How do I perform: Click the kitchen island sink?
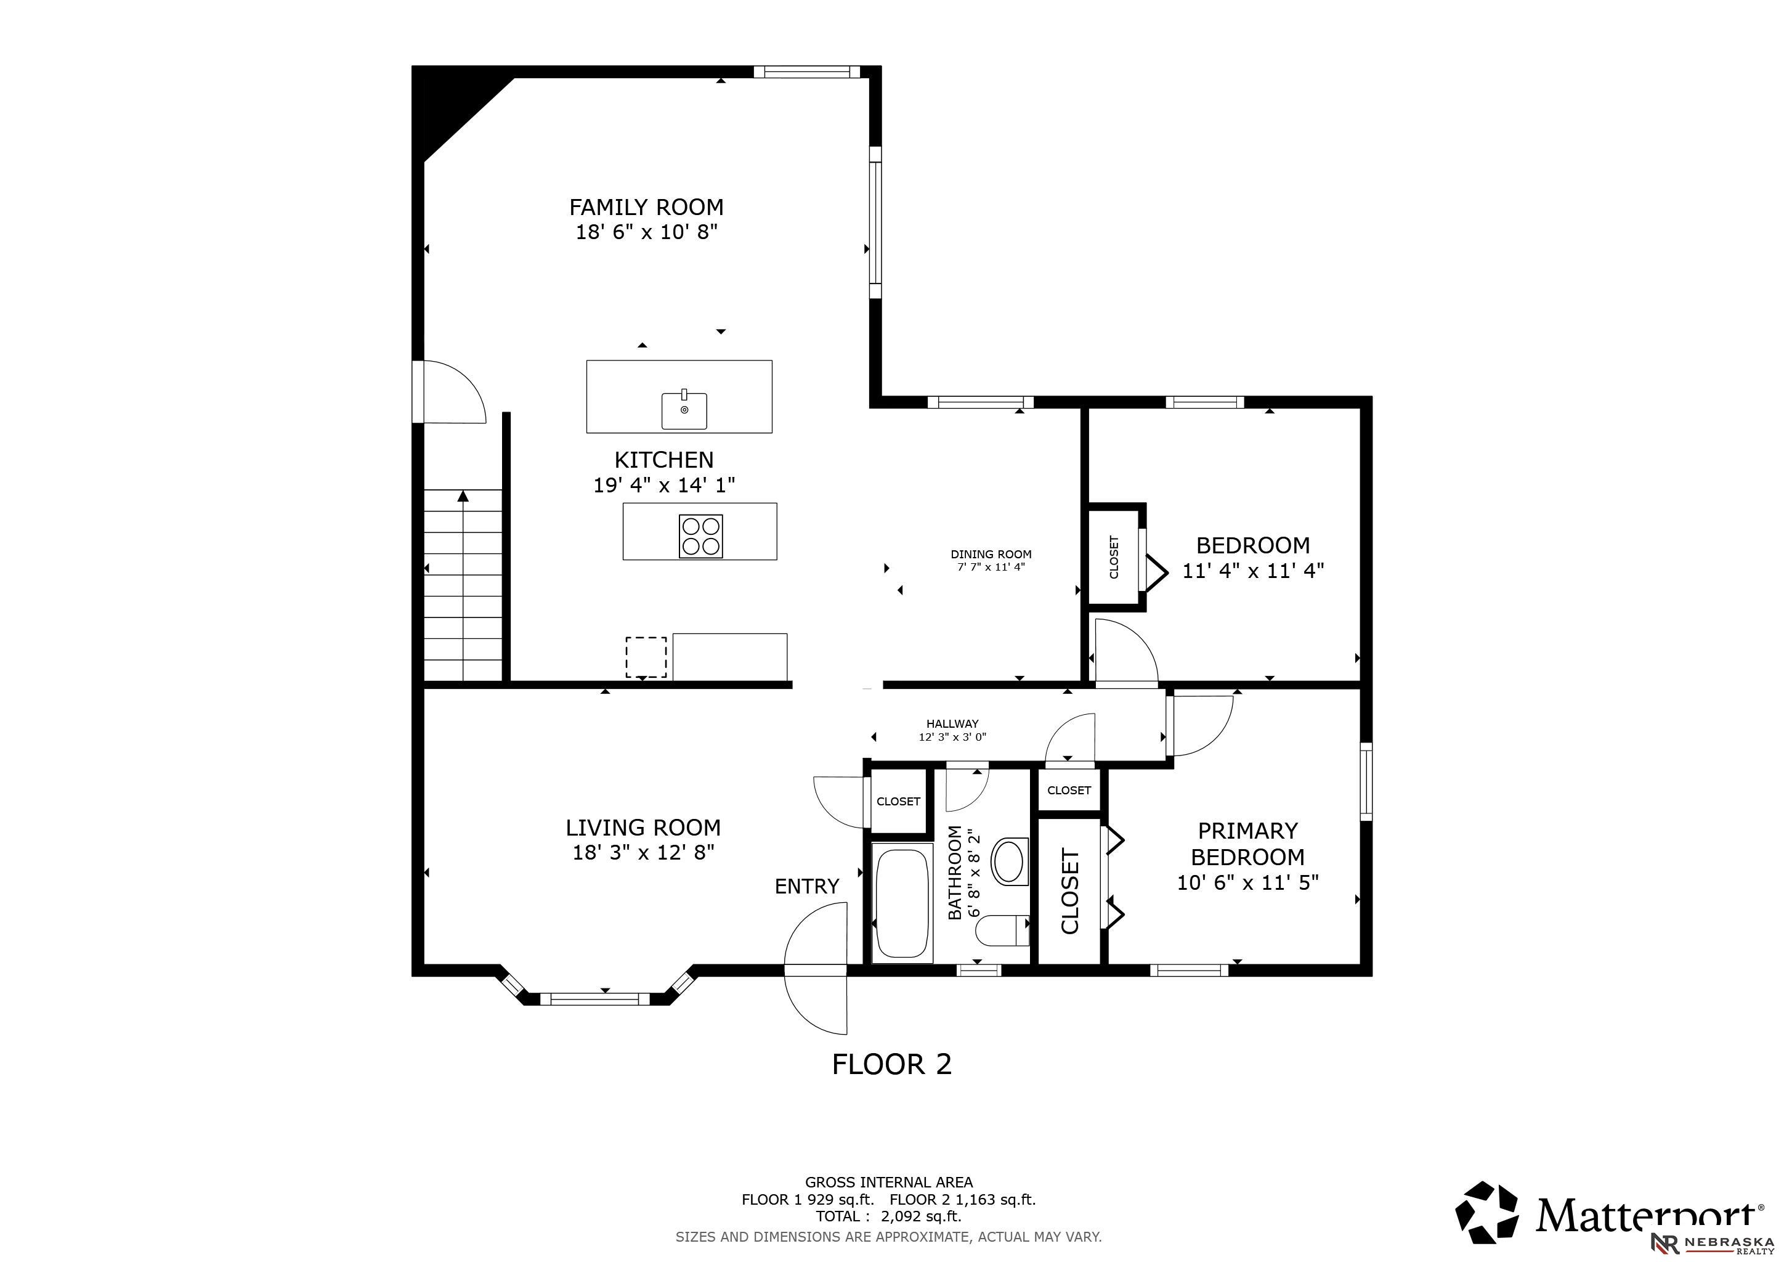tap(684, 410)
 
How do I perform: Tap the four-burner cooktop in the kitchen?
tap(701, 536)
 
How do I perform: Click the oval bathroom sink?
tap(1010, 860)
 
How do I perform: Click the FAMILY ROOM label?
tap(646, 208)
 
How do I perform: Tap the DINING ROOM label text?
tap(991, 554)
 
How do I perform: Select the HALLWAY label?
tap(952, 723)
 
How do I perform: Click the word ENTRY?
tap(808, 886)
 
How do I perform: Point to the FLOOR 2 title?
tap(892, 1064)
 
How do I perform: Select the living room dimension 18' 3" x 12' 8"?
tap(643, 852)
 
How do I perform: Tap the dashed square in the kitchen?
tap(646, 657)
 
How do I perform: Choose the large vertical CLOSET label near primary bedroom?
tap(1070, 891)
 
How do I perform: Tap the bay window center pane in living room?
tap(594, 998)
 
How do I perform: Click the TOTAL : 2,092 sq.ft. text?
tap(889, 1216)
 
